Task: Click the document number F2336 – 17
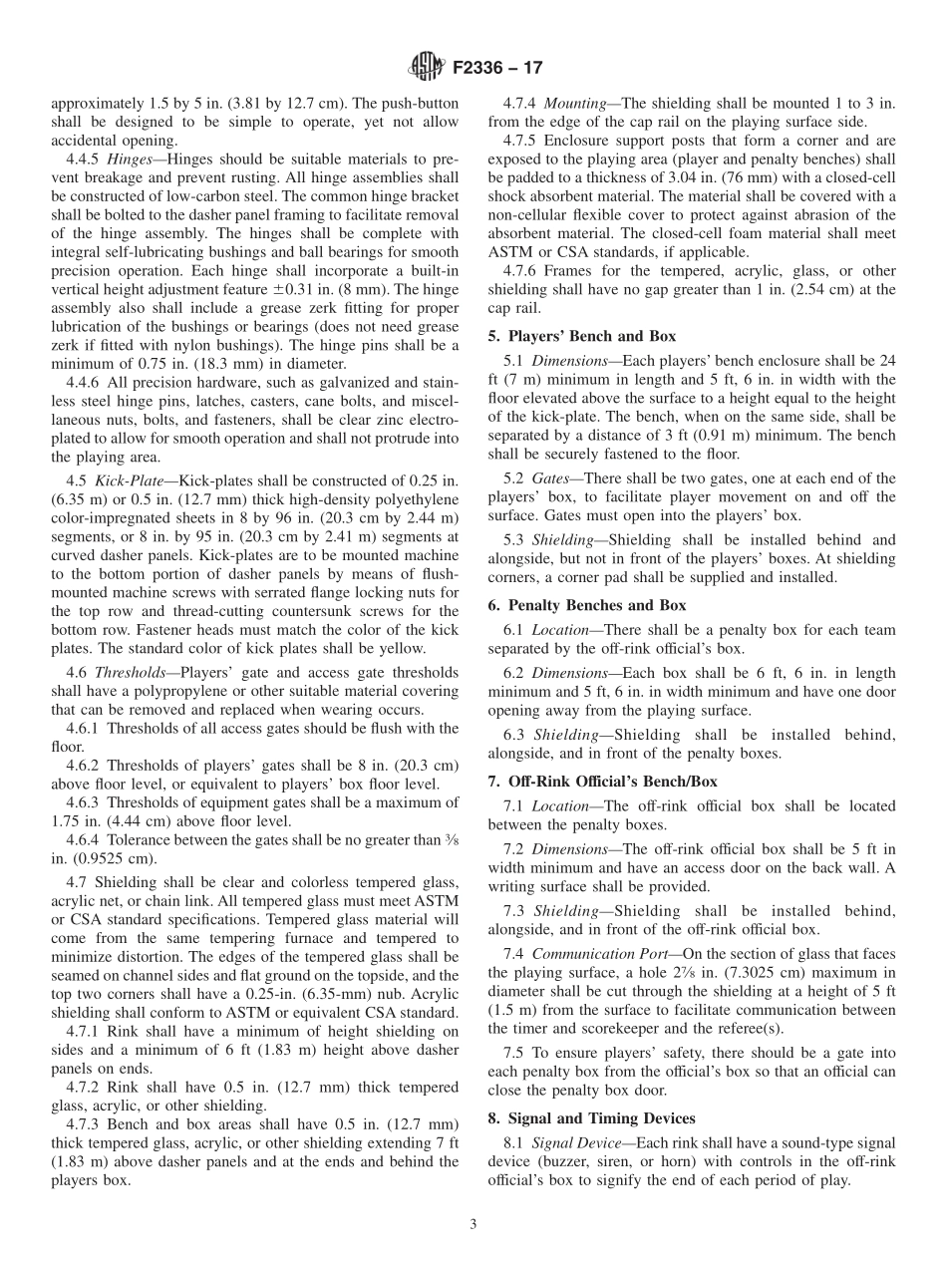coord(496,69)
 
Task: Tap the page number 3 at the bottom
coord(473,1224)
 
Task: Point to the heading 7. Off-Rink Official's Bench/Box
coord(602,782)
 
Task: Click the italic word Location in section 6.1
coord(559,630)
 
